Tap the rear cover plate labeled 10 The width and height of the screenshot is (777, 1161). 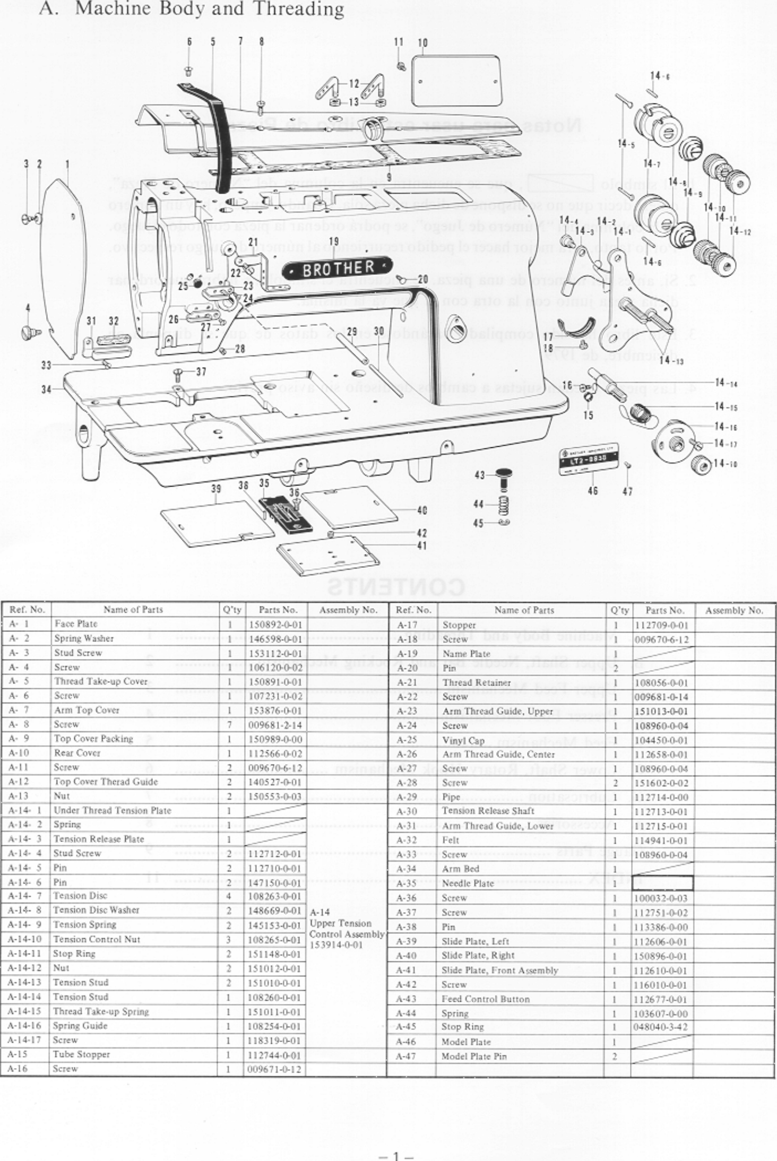[x=456, y=81]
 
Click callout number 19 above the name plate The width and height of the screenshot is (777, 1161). [x=334, y=242]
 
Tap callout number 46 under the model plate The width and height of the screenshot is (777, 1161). [x=593, y=491]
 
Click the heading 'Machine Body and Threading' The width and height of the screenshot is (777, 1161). [x=209, y=9]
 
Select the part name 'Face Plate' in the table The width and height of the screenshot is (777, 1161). [x=76, y=623]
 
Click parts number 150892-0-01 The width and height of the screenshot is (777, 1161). [x=275, y=625]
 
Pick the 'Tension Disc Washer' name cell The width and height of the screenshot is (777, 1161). [x=96, y=909]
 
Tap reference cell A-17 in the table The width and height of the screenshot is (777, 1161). [x=407, y=625]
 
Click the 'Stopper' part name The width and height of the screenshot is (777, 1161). [x=459, y=625]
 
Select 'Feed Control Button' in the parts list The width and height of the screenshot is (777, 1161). [x=486, y=999]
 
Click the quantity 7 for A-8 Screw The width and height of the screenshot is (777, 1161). [x=230, y=724]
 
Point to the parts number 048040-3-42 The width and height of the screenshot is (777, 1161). [x=661, y=1027]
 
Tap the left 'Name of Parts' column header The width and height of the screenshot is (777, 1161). [x=133, y=609]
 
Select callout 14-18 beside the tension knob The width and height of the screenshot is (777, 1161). [x=725, y=463]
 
